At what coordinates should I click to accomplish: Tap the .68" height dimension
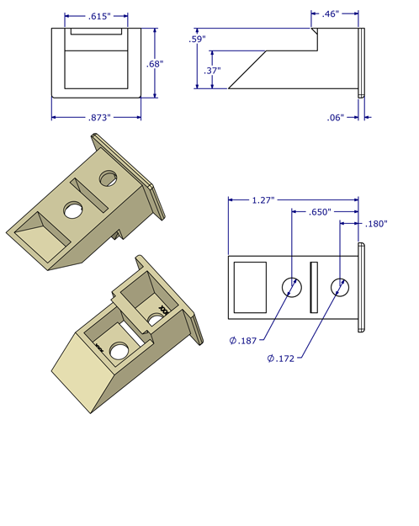click(154, 64)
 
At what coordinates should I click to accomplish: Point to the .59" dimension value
click(197, 39)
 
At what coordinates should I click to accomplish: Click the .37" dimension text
click(212, 71)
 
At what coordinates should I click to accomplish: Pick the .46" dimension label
click(330, 13)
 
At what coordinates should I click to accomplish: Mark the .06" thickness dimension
click(336, 118)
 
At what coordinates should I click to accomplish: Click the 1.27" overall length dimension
click(266, 200)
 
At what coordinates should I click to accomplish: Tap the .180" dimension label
click(376, 224)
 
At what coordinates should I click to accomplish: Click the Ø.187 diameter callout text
click(244, 341)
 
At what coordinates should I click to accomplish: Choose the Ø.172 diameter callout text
click(282, 359)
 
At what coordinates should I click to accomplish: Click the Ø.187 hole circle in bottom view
click(291, 287)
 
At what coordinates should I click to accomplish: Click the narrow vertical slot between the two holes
click(315, 287)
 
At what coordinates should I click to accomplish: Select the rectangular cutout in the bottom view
click(249, 287)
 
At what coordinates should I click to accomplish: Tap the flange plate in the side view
click(362, 63)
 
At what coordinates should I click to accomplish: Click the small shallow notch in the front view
click(98, 32)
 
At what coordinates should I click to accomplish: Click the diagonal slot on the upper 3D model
click(89, 194)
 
